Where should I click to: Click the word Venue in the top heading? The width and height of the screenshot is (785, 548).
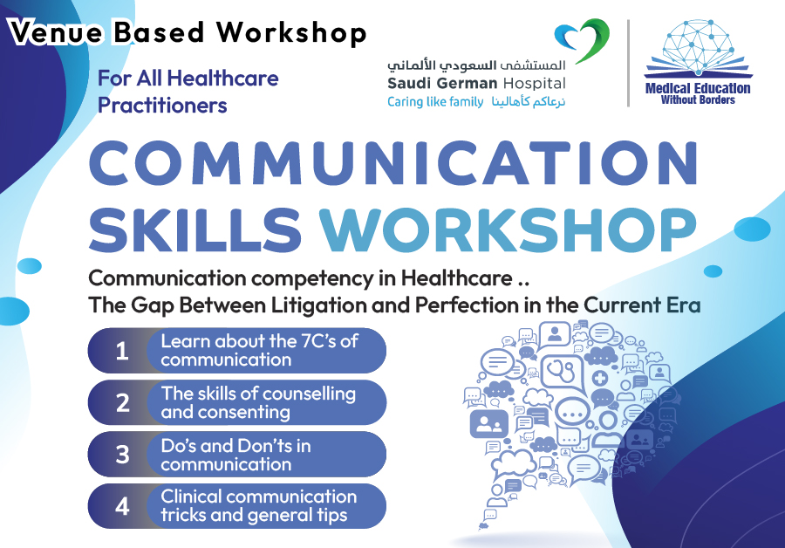(x=56, y=32)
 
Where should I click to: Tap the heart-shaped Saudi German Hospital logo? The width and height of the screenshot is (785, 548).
(x=583, y=40)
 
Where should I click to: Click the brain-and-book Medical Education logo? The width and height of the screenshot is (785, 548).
(x=698, y=49)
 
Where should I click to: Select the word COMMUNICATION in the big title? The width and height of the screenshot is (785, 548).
(x=393, y=163)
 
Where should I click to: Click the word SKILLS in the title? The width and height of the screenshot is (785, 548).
(x=195, y=229)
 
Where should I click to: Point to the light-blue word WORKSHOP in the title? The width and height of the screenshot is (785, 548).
(x=508, y=229)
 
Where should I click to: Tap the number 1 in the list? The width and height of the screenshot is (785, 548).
(x=121, y=351)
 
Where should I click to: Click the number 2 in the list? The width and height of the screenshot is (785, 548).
(x=123, y=403)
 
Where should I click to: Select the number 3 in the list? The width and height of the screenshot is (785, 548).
(x=123, y=455)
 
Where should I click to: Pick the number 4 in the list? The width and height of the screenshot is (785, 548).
(x=123, y=506)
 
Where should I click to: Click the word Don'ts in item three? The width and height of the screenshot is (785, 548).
(x=259, y=446)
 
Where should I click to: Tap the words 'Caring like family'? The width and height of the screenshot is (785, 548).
(x=435, y=102)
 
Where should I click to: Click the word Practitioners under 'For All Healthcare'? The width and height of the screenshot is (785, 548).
(x=162, y=106)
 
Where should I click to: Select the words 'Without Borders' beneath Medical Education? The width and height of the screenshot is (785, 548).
(x=698, y=100)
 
